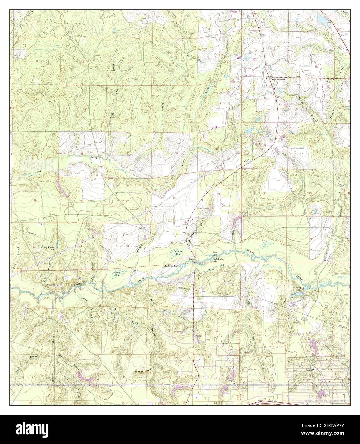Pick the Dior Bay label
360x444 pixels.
pos(117,273)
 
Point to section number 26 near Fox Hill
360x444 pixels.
pos(174,198)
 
